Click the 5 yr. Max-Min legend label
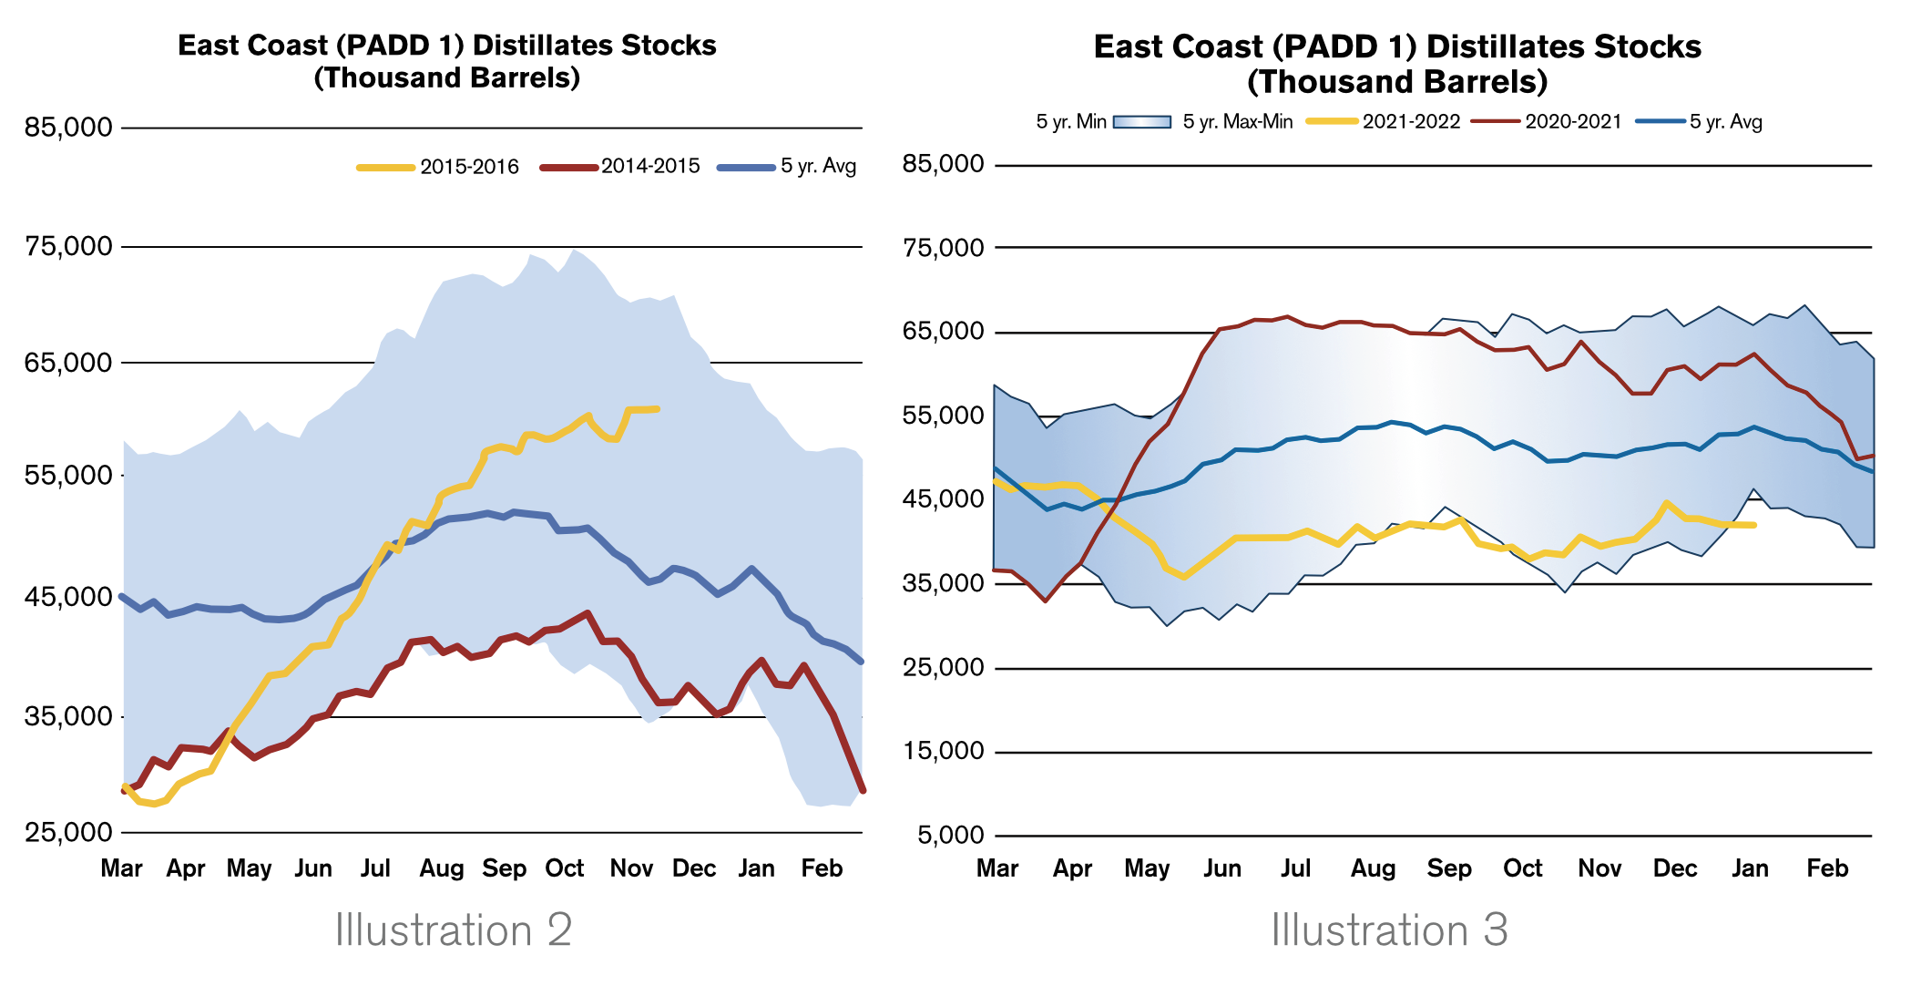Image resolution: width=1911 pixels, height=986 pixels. [x=1237, y=122]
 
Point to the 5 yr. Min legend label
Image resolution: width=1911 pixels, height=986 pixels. [x=1070, y=122]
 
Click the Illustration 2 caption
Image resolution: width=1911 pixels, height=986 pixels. [x=454, y=930]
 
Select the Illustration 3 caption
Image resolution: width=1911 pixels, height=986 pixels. [x=1389, y=930]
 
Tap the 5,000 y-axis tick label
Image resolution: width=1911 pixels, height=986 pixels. [x=951, y=836]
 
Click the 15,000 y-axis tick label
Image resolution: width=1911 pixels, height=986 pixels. [x=944, y=752]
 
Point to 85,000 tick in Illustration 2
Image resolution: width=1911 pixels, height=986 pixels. [x=68, y=128]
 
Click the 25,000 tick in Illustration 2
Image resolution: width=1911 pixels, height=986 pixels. [x=68, y=832]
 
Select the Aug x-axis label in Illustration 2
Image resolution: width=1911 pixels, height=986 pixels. [x=442, y=869]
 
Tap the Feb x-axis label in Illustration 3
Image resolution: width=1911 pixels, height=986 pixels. [x=1827, y=869]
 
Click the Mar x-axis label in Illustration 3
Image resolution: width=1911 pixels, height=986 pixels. [x=997, y=869]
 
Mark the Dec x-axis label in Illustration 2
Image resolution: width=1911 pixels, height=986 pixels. [x=694, y=869]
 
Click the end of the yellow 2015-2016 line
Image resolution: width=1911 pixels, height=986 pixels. [x=658, y=409]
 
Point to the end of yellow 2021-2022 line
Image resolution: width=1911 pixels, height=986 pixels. [x=1754, y=525]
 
